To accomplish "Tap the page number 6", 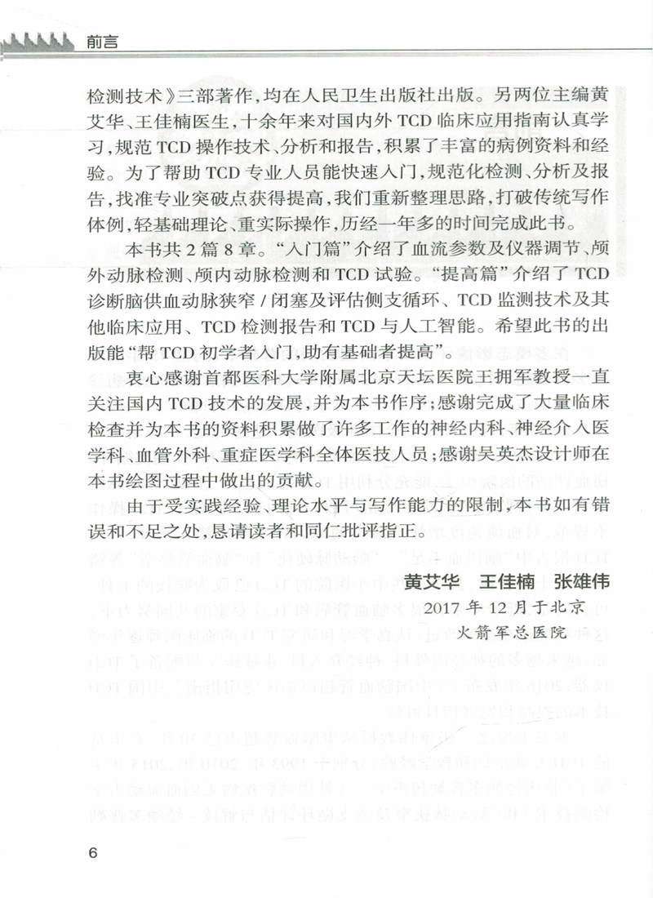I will (x=91, y=852).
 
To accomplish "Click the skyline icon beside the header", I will (x=40, y=40).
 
